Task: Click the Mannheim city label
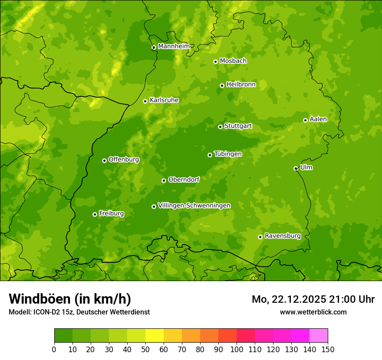coord(174,46)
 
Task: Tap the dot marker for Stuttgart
coord(220,127)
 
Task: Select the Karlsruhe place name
coord(164,100)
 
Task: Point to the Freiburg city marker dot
coord(95,214)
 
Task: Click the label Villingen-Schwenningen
coord(194,206)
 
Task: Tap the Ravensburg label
coord(282,236)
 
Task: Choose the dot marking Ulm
coord(296,168)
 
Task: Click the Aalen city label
coord(318,119)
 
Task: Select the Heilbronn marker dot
coord(222,85)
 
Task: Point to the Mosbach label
coord(233,61)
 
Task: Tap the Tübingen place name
coord(227,154)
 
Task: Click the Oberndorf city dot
coord(164,180)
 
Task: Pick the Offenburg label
coord(123,160)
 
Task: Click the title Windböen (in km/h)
coord(69,299)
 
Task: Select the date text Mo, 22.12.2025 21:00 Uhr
coord(313,299)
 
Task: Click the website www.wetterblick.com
coord(313,312)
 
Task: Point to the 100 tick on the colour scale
coord(237,349)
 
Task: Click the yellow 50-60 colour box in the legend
coord(155,336)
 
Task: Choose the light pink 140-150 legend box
coord(319,336)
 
